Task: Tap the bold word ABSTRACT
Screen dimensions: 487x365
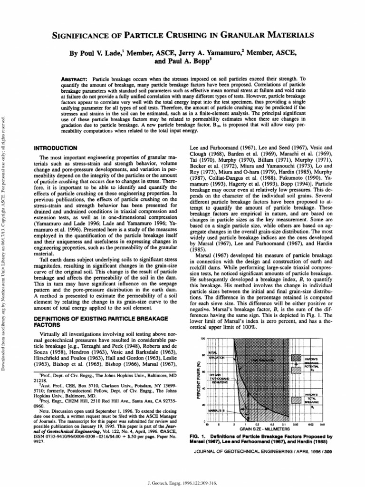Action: pos(75,78)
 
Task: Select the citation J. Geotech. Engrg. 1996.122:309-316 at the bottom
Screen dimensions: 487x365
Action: pos(182,480)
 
